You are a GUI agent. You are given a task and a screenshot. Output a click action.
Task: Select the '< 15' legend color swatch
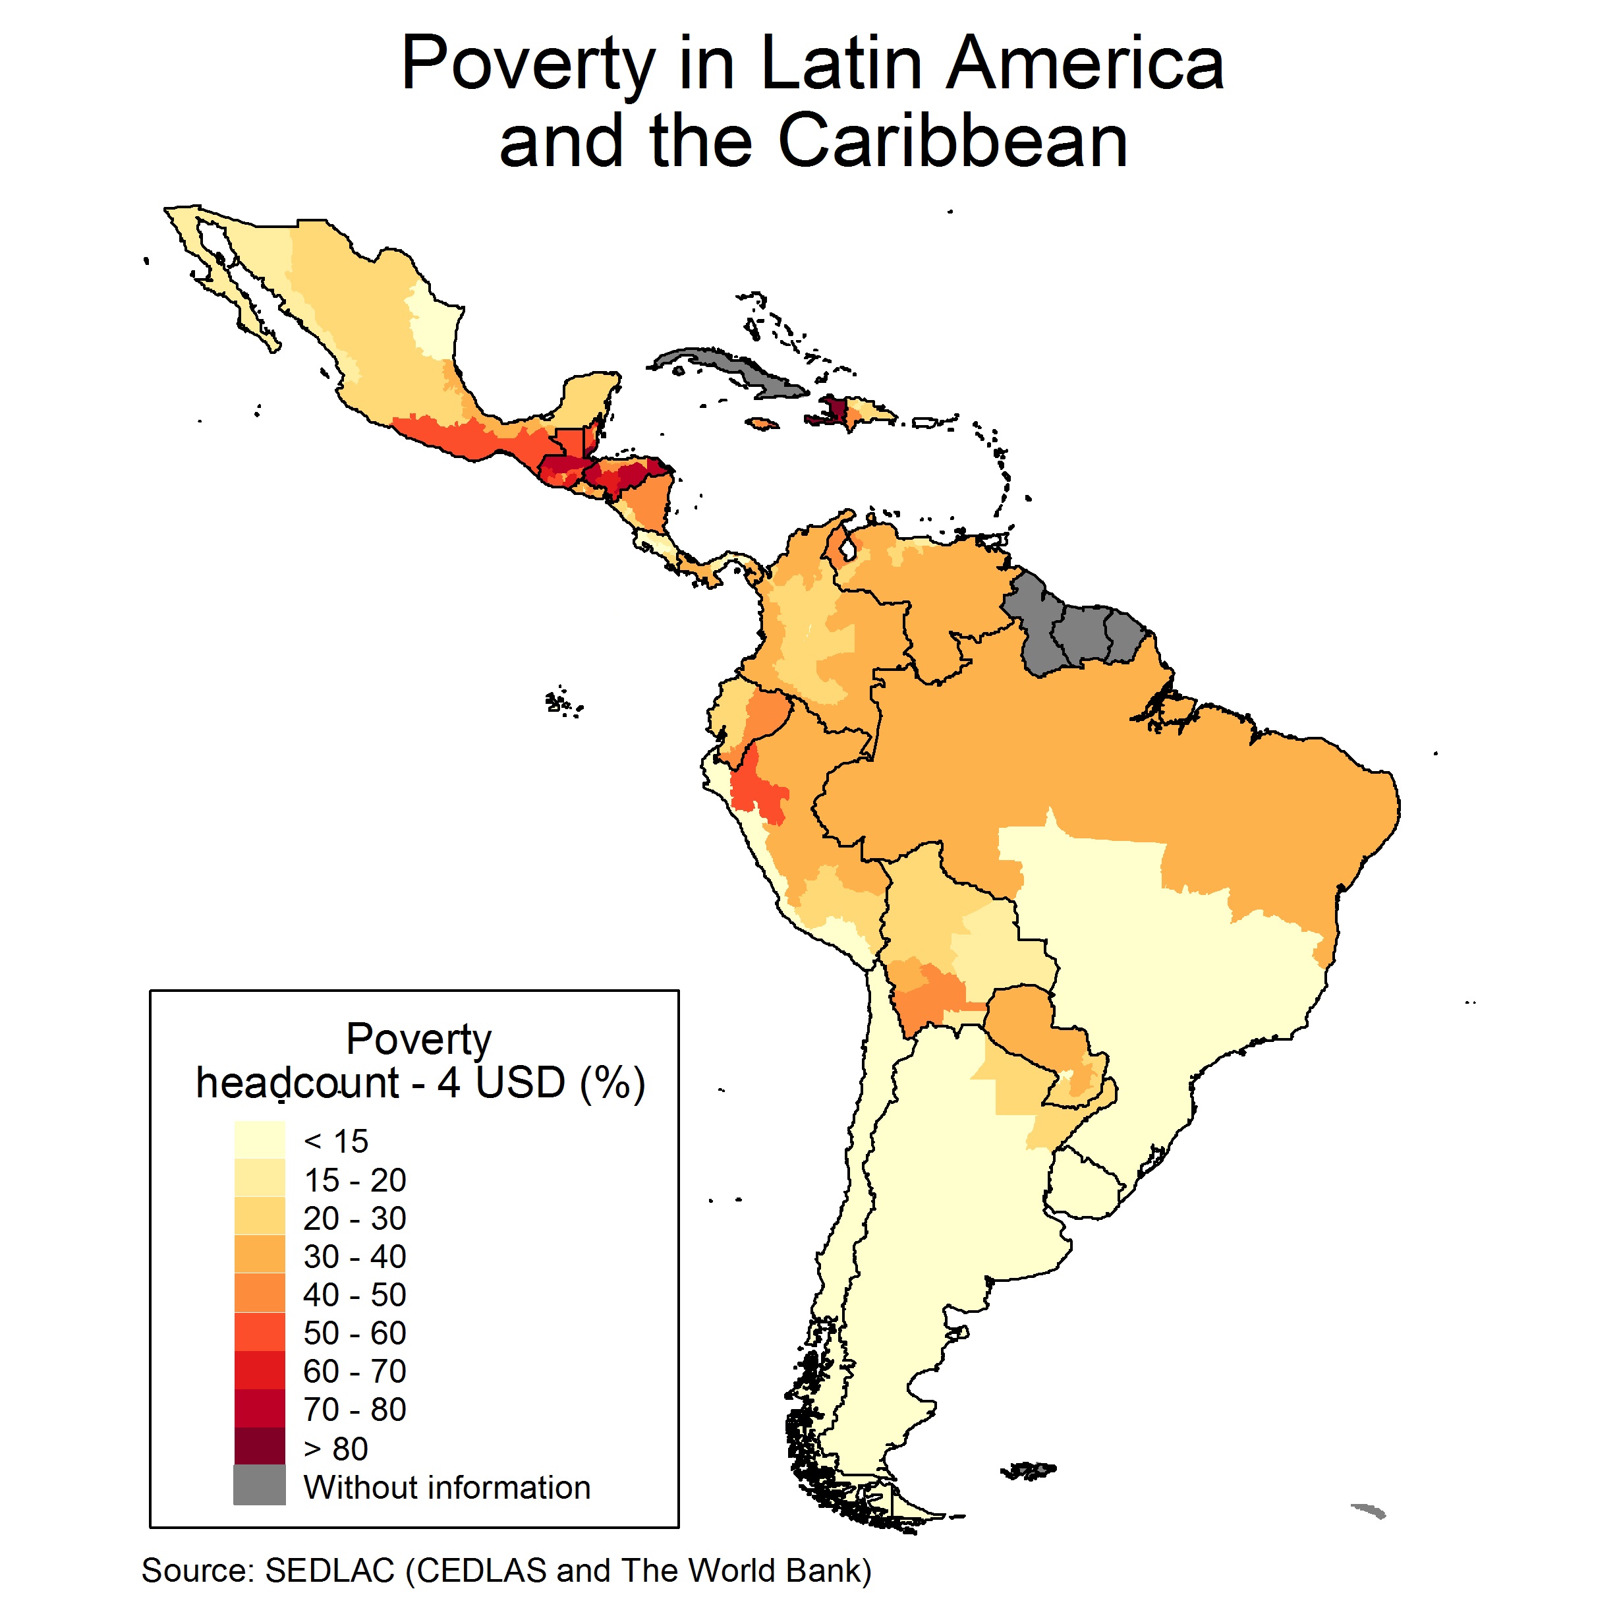point(259,1141)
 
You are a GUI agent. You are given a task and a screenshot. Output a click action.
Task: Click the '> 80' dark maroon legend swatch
point(259,1448)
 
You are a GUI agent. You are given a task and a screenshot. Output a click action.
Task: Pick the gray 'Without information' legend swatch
point(259,1486)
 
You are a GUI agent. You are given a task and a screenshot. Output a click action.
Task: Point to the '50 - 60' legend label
point(355,1333)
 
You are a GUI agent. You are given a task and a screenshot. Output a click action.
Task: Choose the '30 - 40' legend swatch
point(259,1256)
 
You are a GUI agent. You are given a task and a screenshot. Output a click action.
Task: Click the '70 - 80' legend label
point(355,1409)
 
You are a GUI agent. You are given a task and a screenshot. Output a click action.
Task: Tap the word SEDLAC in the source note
point(329,1570)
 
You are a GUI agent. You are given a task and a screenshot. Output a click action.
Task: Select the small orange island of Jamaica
point(761,424)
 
